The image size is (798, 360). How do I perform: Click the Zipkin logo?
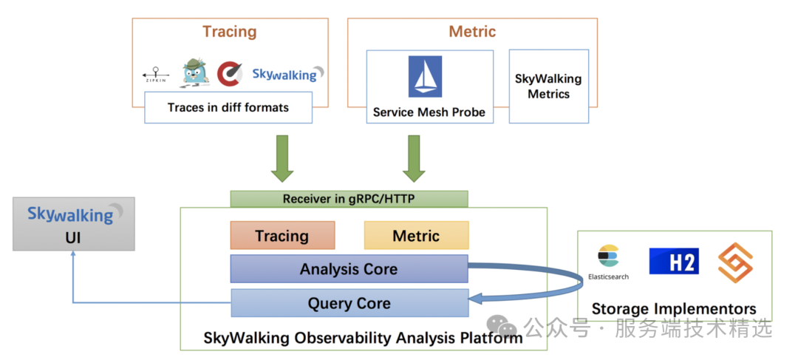coord(156,75)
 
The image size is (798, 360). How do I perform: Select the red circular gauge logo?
coord(230,74)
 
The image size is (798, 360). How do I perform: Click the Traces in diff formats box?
coord(228,107)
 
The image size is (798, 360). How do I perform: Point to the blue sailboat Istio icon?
coord(425,76)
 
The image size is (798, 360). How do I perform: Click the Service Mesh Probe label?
coord(429,112)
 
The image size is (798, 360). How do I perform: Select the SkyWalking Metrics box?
coord(548,86)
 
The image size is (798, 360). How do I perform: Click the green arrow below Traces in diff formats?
coord(282,158)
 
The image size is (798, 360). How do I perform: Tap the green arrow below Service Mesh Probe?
coord(414,158)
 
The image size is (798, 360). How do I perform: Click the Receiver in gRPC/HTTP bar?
coord(349,199)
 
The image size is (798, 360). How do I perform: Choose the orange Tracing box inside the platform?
coord(282,235)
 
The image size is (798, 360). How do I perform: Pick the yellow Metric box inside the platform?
coord(416,235)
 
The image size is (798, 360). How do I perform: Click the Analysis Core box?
coord(349,269)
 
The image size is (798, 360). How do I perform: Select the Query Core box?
coord(349,303)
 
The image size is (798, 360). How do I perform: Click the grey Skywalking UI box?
coord(74,224)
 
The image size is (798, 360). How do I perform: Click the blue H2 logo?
coord(674,261)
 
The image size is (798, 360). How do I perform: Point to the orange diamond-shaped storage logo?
coord(735,262)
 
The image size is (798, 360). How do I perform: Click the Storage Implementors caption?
coord(674,308)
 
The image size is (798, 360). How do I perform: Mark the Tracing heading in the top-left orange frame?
coord(230,32)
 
